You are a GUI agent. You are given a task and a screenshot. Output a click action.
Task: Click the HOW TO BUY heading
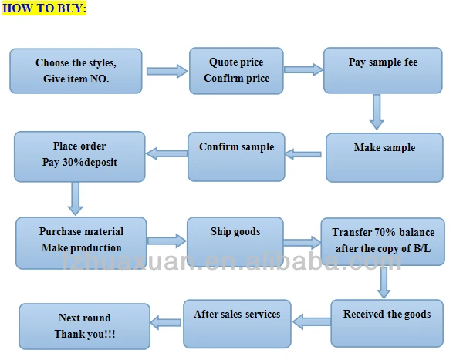tap(44, 8)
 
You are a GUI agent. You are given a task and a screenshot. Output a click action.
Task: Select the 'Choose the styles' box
tap(77, 70)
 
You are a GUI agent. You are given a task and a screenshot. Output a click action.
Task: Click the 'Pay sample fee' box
tap(383, 70)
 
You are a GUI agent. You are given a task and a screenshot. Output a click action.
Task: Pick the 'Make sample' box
tap(384, 157)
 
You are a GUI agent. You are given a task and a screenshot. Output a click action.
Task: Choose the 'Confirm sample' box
tap(236, 155)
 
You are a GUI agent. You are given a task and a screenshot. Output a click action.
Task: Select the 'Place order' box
tap(79, 156)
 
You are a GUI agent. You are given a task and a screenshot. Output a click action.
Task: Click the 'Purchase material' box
tap(81, 242)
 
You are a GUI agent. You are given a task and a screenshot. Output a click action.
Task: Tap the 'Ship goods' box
tap(235, 242)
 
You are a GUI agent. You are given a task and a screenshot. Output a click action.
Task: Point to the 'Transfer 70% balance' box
tap(383, 242)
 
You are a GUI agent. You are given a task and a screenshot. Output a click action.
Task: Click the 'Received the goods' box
tap(387, 323)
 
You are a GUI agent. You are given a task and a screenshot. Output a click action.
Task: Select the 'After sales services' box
tap(237, 323)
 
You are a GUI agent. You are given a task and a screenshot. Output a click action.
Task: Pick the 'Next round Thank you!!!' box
tap(84, 326)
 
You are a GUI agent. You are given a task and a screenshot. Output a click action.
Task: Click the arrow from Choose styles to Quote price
tap(167, 71)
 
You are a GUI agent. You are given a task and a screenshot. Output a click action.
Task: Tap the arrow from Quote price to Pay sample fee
tap(303, 69)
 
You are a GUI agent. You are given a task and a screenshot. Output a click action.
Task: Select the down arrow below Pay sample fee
tap(377, 112)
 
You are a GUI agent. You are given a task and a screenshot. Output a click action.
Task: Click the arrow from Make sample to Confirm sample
tap(302, 155)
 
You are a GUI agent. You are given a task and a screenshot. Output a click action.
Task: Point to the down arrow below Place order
tap(76, 198)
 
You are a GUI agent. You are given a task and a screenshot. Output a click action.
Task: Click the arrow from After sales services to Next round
tap(165, 321)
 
